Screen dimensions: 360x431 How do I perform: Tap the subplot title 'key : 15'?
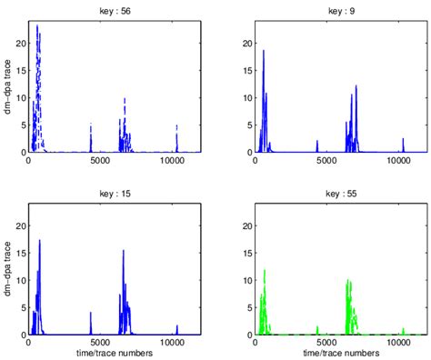(x=115, y=190)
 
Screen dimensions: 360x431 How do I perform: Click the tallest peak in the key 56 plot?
(x=37, y=26)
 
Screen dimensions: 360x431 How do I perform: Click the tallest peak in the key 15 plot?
(x=40, y=240)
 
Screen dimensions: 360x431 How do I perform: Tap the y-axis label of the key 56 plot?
(x=7, y=85)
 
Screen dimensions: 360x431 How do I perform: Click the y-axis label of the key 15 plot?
(x=7, y=268)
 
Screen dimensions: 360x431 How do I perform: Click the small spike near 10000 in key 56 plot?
(x=176, y=126)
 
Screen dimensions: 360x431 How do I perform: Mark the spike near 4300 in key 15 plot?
(x=91, y=313)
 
